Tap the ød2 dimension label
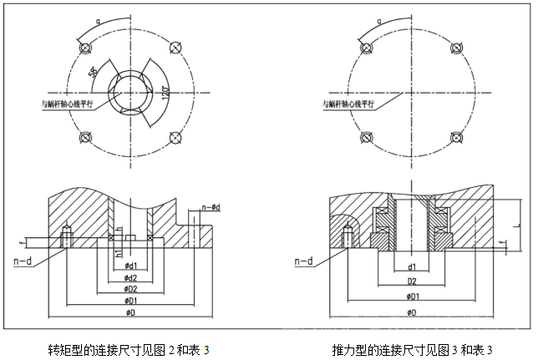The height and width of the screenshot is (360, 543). click(130, 277)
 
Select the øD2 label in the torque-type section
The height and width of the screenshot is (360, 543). click(130, 288)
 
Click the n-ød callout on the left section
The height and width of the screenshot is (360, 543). click(211, 206)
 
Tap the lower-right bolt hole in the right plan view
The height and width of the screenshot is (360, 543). click(456, 137)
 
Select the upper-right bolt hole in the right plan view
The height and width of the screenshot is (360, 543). click(456, 46)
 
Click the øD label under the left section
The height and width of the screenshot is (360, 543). click(130, 312)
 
